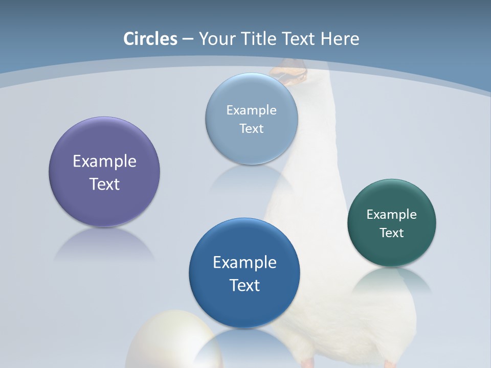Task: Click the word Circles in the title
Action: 150,39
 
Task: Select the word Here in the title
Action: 340,39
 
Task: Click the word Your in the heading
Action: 215,39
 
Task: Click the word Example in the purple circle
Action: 104,162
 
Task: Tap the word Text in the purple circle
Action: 104,184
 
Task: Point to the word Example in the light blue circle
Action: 251,110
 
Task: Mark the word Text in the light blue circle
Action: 251,129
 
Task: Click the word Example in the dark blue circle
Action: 244,263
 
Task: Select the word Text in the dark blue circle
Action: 244,285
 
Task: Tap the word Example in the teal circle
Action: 392,215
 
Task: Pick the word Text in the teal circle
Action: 392,233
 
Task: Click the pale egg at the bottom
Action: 169,342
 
